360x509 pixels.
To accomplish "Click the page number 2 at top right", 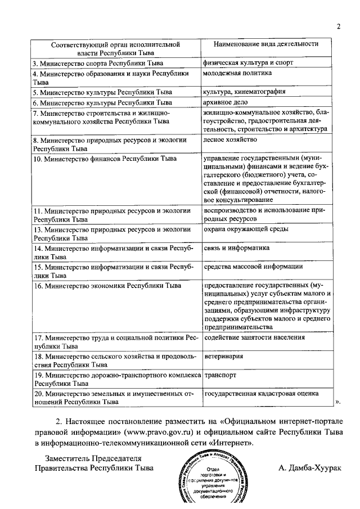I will [339, 26].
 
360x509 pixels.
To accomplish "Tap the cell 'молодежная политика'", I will [238, 73].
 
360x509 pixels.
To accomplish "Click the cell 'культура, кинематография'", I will [245, 91].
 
